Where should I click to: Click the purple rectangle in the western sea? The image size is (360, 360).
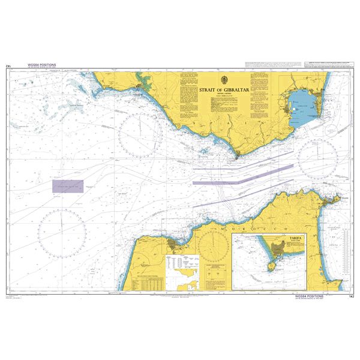67,187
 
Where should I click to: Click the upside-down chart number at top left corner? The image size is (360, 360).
8,67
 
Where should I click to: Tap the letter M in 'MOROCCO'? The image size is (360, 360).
223,229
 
